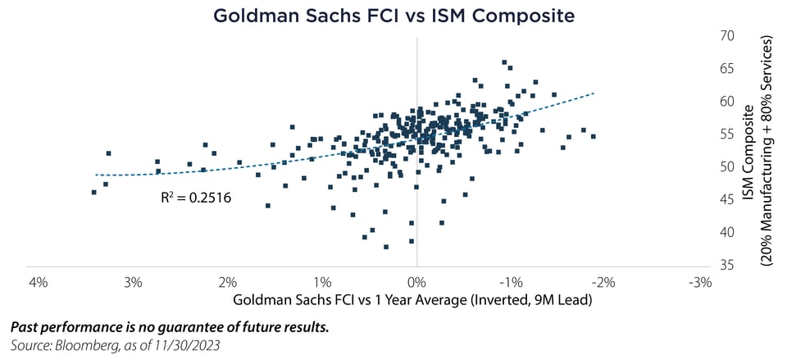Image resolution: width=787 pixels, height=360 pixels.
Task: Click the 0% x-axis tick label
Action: tap(417, 283)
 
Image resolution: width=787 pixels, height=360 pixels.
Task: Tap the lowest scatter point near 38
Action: tap(386, 246)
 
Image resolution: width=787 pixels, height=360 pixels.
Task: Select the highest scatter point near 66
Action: tap(504, 62)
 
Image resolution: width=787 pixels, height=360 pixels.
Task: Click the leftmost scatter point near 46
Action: tap(94, 192)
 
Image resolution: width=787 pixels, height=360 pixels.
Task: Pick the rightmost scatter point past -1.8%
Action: tap(593, 136)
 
